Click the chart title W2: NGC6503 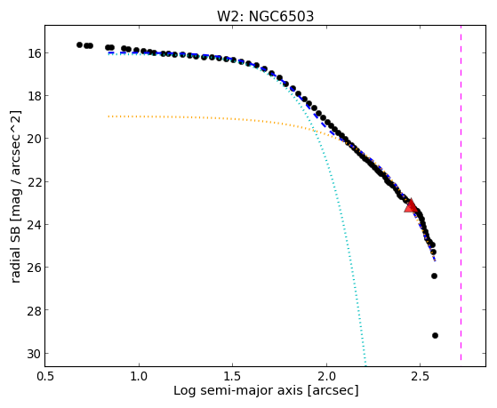point(265,16)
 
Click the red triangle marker point(411,205)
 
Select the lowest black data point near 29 point(435,335)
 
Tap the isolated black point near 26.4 point(434,276)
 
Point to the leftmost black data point point(79,44)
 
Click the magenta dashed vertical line point(461,193)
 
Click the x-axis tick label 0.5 point(45,376)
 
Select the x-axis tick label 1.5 point(232,376)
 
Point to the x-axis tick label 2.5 point(420,376)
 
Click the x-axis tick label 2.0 point(326,376)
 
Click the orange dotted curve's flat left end point(108,116)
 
